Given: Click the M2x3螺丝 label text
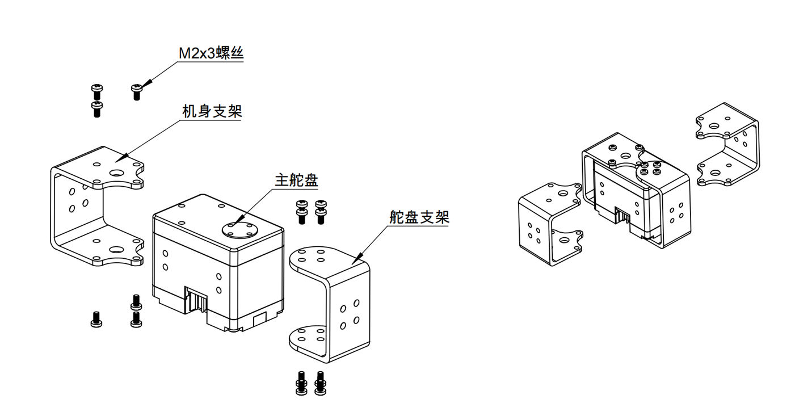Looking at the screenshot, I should (211, 54).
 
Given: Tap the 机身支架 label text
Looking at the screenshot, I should (212, 111).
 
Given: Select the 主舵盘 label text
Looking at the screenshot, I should (296, 181).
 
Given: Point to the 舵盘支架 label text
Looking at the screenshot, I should (419, 217).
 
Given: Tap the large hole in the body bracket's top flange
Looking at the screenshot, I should (118, 173).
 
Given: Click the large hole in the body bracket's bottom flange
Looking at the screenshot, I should (116, 250).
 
